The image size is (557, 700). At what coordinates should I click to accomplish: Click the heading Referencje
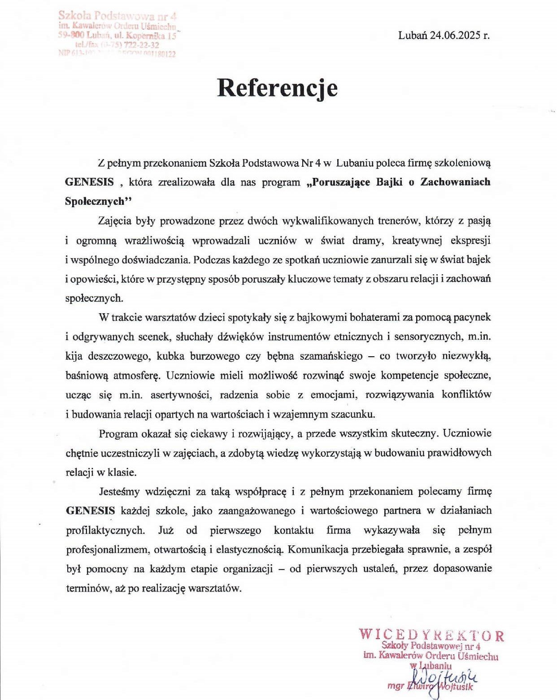pos(277,88)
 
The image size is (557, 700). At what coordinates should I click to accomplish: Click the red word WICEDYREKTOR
pos(431,635)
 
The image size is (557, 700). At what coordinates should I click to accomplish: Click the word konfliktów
pos(466,395)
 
